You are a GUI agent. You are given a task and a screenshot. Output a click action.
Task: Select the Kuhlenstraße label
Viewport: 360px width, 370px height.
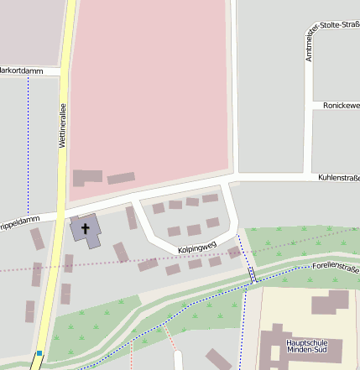pyautogui.click(x=338, y=178)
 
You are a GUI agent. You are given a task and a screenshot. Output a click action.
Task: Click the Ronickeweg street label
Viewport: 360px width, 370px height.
pyautogui.click(x=341, y=106)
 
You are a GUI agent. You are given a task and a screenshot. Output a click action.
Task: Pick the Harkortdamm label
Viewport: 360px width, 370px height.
pyautogui.click(x=19, y=70)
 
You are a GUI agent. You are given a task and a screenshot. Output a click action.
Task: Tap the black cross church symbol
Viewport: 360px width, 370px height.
pyautogui.click(x=85, y=227)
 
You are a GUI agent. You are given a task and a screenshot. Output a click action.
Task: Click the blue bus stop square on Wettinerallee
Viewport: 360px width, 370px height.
pyautogui.click(x=39, y=353)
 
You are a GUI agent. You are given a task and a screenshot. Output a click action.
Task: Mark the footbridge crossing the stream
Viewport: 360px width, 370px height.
pyautogui.click(x=252, y=274)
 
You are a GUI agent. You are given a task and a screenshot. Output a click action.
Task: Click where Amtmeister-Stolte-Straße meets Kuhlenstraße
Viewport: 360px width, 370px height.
pyautogui.click(x=309, y=178)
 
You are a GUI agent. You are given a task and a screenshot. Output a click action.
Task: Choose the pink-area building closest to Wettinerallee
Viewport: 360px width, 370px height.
pyautogui.click(x=87, y=178)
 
